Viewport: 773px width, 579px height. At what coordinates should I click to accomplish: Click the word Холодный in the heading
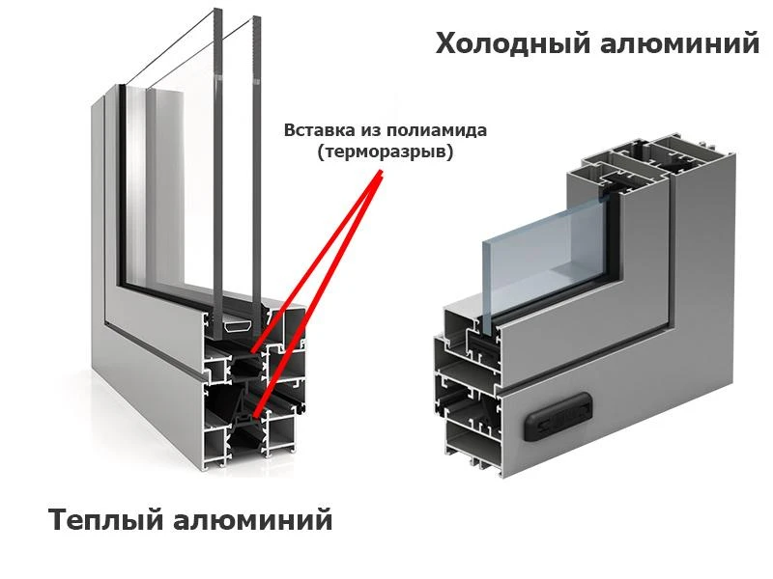(x=512, y=43)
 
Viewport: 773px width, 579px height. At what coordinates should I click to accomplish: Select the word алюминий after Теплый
(x=253, y=520)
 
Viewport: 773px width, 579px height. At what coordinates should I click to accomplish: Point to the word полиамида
(x=437, y=131)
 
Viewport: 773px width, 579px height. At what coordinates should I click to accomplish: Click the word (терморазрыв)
(x=385, y=152)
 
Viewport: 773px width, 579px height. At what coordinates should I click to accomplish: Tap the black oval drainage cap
(x=558, y=416)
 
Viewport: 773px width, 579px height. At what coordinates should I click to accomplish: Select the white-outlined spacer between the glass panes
(x=238, y=326)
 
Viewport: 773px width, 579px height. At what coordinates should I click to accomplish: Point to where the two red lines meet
(x=381, y=173)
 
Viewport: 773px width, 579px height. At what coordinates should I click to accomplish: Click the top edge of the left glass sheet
(x=218, y=11)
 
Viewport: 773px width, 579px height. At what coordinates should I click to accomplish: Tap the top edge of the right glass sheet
(x=256, y=17)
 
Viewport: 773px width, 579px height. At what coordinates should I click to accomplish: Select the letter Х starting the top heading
(x=447, y=42)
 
